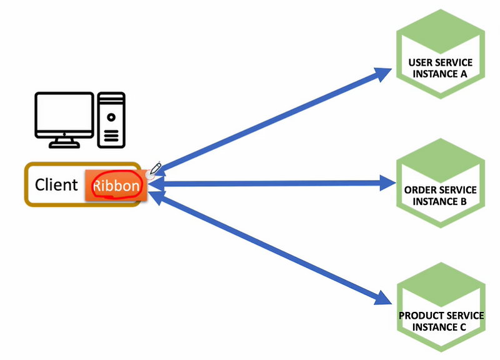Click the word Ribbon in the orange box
tap(116, 186)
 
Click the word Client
tap(56, 185)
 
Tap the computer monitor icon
tap(64, 116)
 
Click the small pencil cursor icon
tap(156, 167)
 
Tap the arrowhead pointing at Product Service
tap(384, 297)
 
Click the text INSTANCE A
tap(440, 74)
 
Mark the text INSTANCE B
tap(440, 202)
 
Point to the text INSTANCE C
tap(441, 327)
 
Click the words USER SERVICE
tap(440, 63)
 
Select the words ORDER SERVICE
tap(440, 190)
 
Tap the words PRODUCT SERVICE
tap(441, 316)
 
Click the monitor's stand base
tap(64, 144)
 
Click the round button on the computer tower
tap(111, 117)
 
